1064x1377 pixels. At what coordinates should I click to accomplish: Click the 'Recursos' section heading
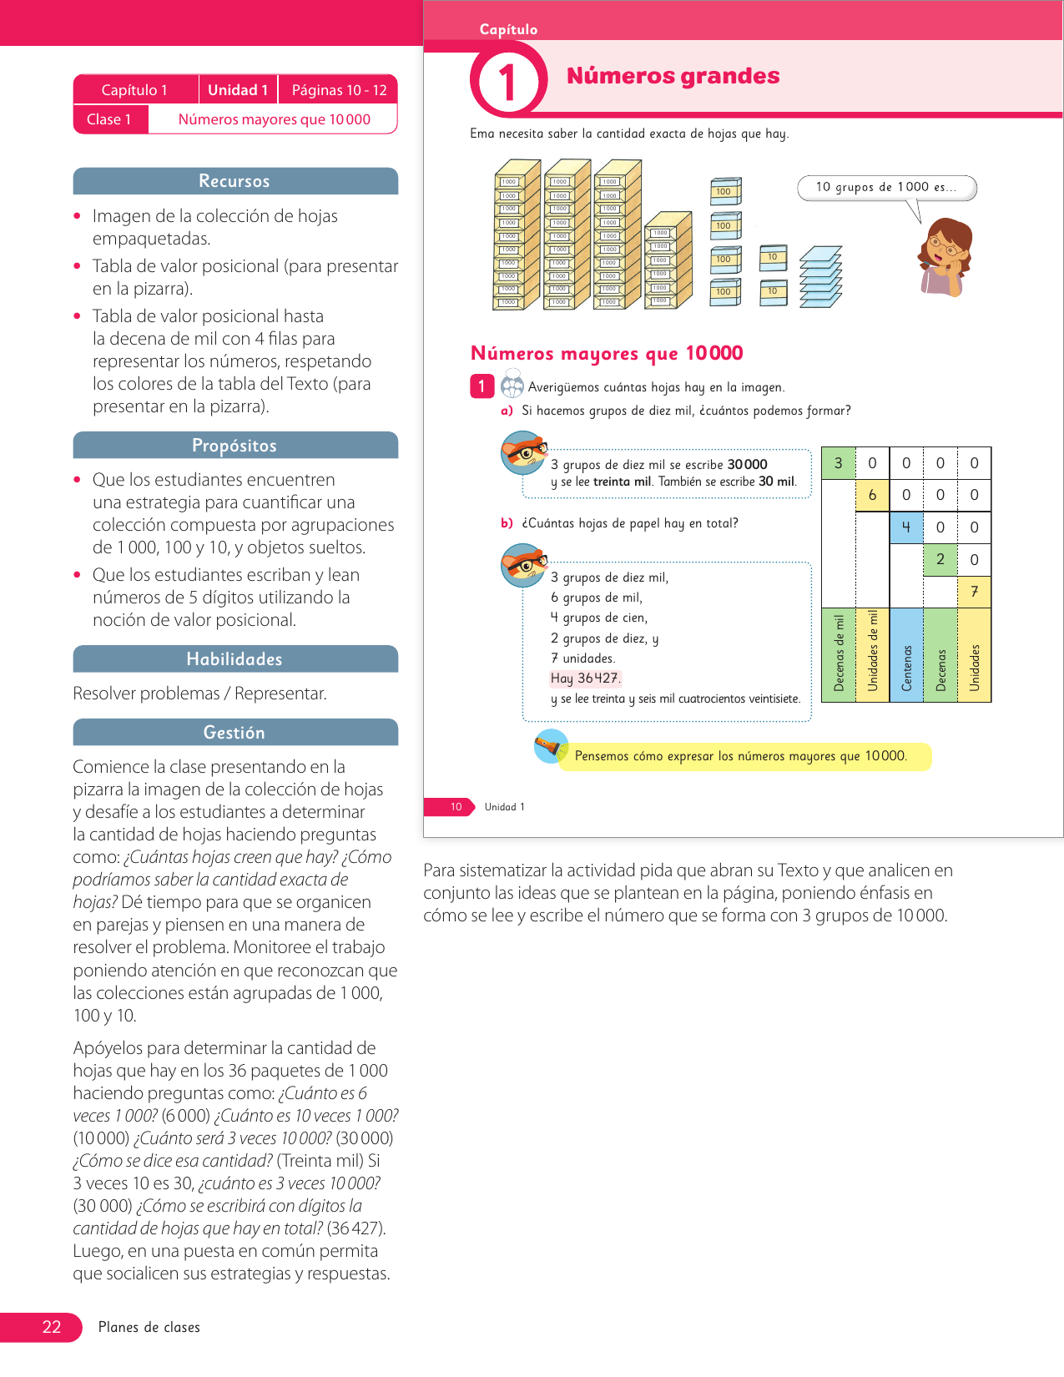click(x=234, y=181)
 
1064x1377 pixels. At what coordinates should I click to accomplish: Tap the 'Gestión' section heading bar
click(x=234, y=733)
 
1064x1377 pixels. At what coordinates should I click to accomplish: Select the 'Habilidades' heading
click(x=234, y=659)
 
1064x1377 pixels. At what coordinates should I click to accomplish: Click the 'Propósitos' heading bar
click(x=234, y=446)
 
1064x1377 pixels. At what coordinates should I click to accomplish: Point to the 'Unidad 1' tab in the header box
click(x=239, y=90)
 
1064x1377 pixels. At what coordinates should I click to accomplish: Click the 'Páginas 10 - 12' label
click(x=339, y=90)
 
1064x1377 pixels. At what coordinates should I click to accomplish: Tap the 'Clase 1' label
click(x=109, y=120)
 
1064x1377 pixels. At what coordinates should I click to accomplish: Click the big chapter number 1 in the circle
click(x=507, y=83)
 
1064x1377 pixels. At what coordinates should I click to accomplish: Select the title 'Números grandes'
click(x=673, y=76)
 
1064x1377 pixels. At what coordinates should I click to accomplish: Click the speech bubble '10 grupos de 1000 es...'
click(x=886, y=188)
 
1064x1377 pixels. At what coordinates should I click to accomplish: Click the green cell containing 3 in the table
click(x=838, y=463)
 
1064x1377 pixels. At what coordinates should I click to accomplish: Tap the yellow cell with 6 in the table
click(x=873, y=495)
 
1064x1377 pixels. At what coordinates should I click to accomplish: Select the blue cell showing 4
click(x=906, y=527)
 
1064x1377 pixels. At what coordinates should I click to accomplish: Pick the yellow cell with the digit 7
click(x=974, y=592)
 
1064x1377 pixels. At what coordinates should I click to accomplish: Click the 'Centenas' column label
click(x=907, y=668)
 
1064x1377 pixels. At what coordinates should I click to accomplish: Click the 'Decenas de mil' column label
click(x=839, y=653)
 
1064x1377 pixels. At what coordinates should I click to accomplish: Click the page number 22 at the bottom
click(x=52, y=1328)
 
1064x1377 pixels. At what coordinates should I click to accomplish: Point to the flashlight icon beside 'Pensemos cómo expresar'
click(x=550, y=746)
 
